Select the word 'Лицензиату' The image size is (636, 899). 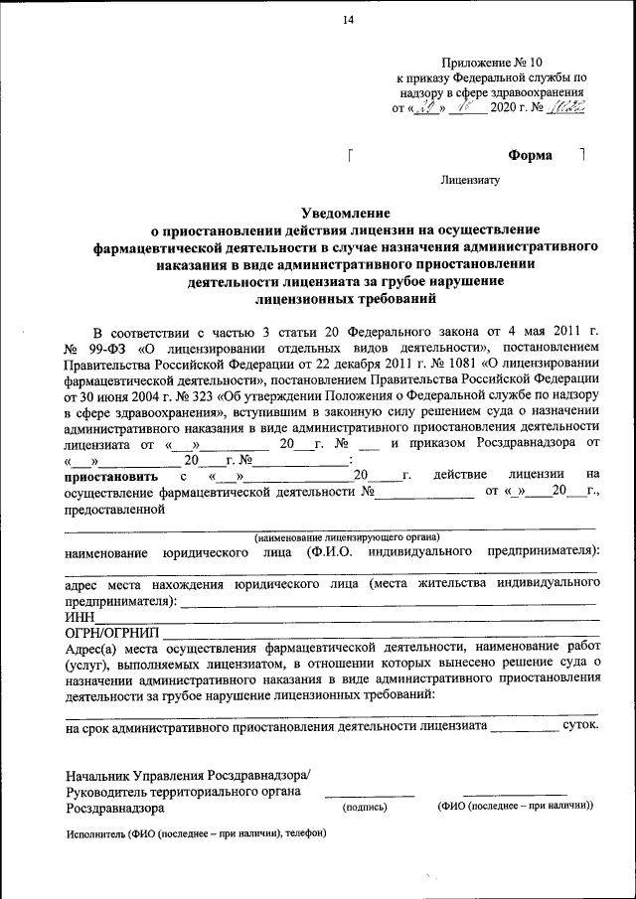coord(472,181)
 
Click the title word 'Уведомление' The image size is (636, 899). coord(346,213)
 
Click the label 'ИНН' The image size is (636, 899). coord(79,617)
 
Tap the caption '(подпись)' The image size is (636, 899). coord(364,808)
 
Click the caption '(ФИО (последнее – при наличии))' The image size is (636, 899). coord(515,808)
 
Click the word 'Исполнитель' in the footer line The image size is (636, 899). coord(95,832)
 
